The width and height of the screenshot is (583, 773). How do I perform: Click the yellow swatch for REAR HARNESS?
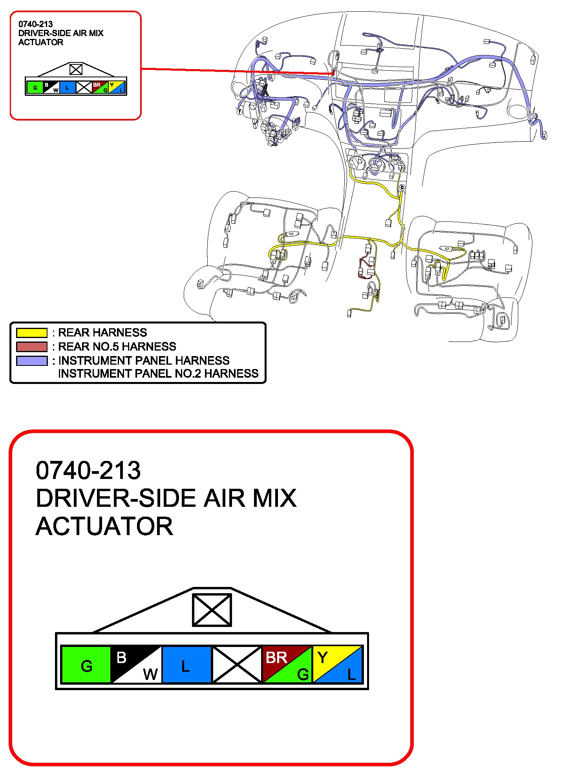tap(31, 333)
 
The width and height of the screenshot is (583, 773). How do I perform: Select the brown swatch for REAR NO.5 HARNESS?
tap(31, 347)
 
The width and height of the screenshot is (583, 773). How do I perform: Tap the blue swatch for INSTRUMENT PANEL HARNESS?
tap(31, 360)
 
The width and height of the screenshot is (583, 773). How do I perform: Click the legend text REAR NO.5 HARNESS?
tap(117, 347)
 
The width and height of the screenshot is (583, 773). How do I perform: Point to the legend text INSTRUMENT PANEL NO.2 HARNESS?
tap(158, 373)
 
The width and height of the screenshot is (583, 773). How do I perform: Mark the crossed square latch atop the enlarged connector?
tap(212, 610)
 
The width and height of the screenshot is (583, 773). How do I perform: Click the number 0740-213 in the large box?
tap(88, 470)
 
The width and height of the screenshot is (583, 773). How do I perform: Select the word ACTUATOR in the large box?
tap(104, 526)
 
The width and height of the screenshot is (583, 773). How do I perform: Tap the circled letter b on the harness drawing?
tap(402, 188)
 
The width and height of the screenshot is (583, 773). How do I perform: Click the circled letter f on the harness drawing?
tap(239, 111)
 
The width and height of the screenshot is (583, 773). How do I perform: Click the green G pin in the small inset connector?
tap(35, 87)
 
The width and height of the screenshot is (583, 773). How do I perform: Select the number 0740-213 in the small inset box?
tap(35, 24)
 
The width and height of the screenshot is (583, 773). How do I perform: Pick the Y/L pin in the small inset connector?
tap(117, 87)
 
